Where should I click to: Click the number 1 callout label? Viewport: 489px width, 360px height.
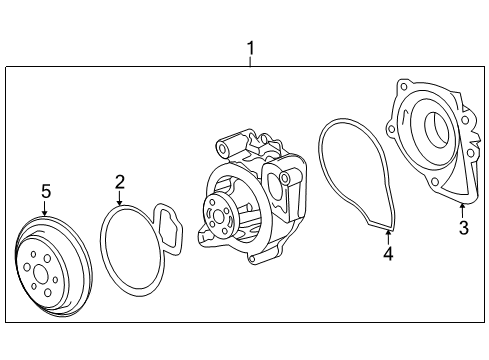[x=251, y=47]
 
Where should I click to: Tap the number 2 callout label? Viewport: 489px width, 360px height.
[x=119, y=181]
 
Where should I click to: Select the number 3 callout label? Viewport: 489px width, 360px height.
[x=463, y=228]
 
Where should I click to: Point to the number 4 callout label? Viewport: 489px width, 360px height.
[x=388, y=253]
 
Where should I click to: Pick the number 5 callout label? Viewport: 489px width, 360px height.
[x=45, y=190]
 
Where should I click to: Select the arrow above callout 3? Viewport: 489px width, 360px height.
[x=462, y=208]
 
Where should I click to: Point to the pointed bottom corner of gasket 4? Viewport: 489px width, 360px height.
[x=387, y=230]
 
